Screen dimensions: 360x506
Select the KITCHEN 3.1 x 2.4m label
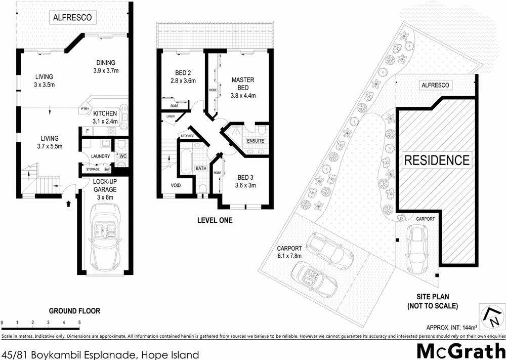[105, 117]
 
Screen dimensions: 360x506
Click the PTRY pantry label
[84, 109]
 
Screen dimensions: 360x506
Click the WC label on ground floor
[122, 156]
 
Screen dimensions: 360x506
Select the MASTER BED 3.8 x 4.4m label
[243, 88]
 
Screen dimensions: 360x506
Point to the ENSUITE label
[255, 141]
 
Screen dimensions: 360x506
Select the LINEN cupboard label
[169, 117]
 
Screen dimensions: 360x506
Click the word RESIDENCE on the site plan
[436, 161]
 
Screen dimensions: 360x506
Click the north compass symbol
[490, 316]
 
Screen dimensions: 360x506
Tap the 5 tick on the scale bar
[79, 323]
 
